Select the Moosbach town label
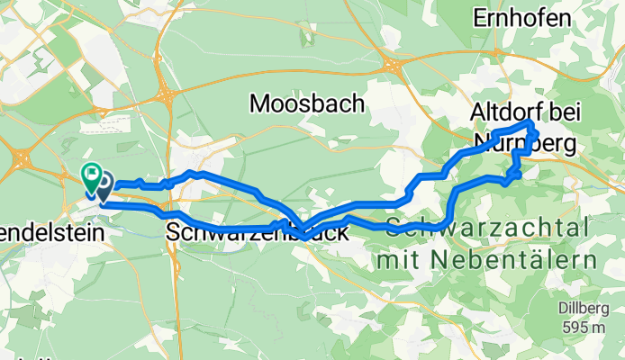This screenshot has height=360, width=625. [x=307, y=104]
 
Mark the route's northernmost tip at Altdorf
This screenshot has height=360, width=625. [x=531, y=122]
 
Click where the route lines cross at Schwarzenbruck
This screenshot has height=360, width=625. [x=303, y=233]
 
